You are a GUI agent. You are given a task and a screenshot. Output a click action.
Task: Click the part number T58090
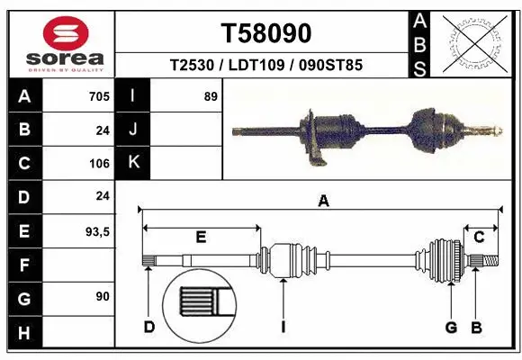point(266,33)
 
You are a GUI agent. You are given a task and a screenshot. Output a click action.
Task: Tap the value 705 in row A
point(99,96)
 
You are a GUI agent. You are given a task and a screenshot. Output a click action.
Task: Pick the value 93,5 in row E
point(96,231)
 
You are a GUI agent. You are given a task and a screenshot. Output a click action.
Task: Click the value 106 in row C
point(99,164)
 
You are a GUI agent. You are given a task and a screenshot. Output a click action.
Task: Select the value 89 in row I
point(211,96)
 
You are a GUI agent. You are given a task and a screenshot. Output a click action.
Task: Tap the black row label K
point(133,163)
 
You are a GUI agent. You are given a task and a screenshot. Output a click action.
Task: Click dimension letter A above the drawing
point(323,202)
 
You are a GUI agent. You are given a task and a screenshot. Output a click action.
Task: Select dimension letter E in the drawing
point(201,238)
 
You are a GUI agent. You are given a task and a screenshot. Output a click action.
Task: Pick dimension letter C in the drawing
point(479,238)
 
